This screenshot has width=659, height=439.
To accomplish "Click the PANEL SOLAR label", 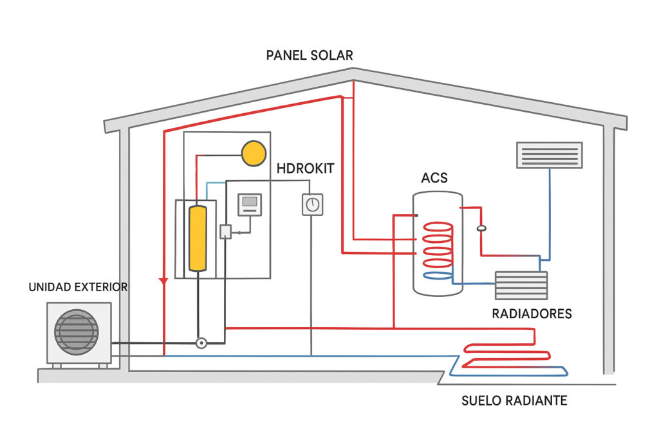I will pos(310,55).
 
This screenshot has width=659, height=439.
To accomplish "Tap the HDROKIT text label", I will pos(306,170).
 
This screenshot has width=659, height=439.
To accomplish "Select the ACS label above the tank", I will pos(434,177).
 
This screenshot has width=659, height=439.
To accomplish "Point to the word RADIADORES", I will pos(532,314).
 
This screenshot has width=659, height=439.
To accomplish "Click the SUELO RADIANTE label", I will pos(514,401).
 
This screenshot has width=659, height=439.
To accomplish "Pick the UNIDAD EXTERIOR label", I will pos(78,287).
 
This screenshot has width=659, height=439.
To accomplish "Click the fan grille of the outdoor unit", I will pos(77,332).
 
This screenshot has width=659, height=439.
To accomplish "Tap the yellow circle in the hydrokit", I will pos(254,154).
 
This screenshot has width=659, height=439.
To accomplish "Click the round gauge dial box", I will pos(312,204).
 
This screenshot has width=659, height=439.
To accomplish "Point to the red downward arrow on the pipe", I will pos(163,281).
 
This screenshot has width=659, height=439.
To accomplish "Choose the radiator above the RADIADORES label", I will pos(521,285).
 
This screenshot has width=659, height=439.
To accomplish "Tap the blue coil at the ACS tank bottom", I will pos(437,276).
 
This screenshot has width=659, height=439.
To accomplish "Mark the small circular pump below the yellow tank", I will pos(201,343).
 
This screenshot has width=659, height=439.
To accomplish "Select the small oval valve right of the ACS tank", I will pos(481,228).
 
